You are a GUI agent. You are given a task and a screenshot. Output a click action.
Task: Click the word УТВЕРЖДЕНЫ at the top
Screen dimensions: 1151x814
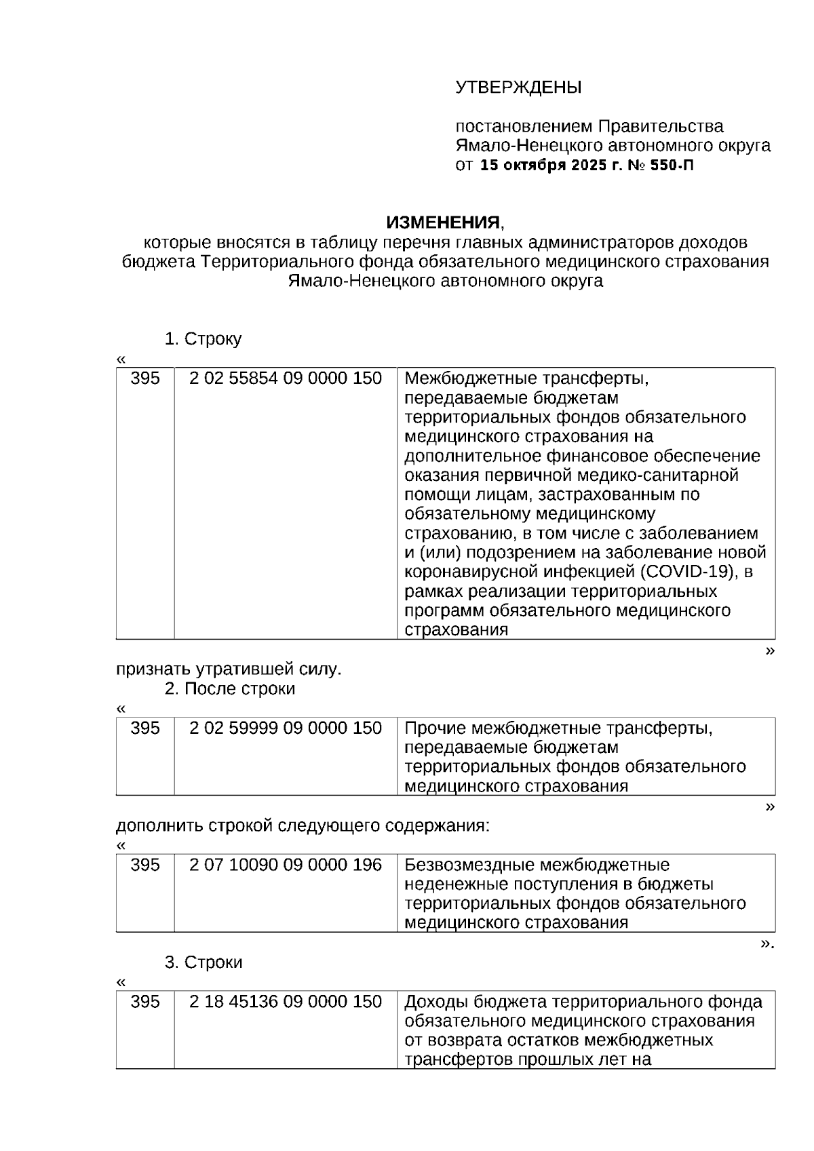click(x=518, y=87)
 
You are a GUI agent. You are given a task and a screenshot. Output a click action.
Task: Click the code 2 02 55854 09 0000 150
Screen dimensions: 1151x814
click(x=286, y=378)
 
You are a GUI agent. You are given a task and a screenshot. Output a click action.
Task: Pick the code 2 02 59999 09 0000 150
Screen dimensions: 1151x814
click(x=286, y=728)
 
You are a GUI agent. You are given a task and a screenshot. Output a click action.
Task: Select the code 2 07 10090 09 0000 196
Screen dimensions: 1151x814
click(x=286, y=865)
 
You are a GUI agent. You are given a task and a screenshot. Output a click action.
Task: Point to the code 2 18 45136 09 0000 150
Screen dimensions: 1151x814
click(x=286, y=1002)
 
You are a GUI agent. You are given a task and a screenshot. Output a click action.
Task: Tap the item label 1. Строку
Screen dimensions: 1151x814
click(x=203, y=339)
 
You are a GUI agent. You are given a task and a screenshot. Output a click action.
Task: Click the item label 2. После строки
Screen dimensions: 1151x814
click(x=230, y=689)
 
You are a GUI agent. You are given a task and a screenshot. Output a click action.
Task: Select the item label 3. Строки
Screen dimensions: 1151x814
click(x=203, y=962)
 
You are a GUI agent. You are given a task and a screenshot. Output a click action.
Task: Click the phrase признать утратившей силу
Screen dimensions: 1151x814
click(x=229, y=670)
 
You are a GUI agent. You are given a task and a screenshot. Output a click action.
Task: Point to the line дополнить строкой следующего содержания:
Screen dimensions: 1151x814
click(x=303, y=826)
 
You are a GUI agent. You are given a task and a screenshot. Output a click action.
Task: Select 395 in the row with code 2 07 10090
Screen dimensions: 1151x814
click(x=144, y=865)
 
